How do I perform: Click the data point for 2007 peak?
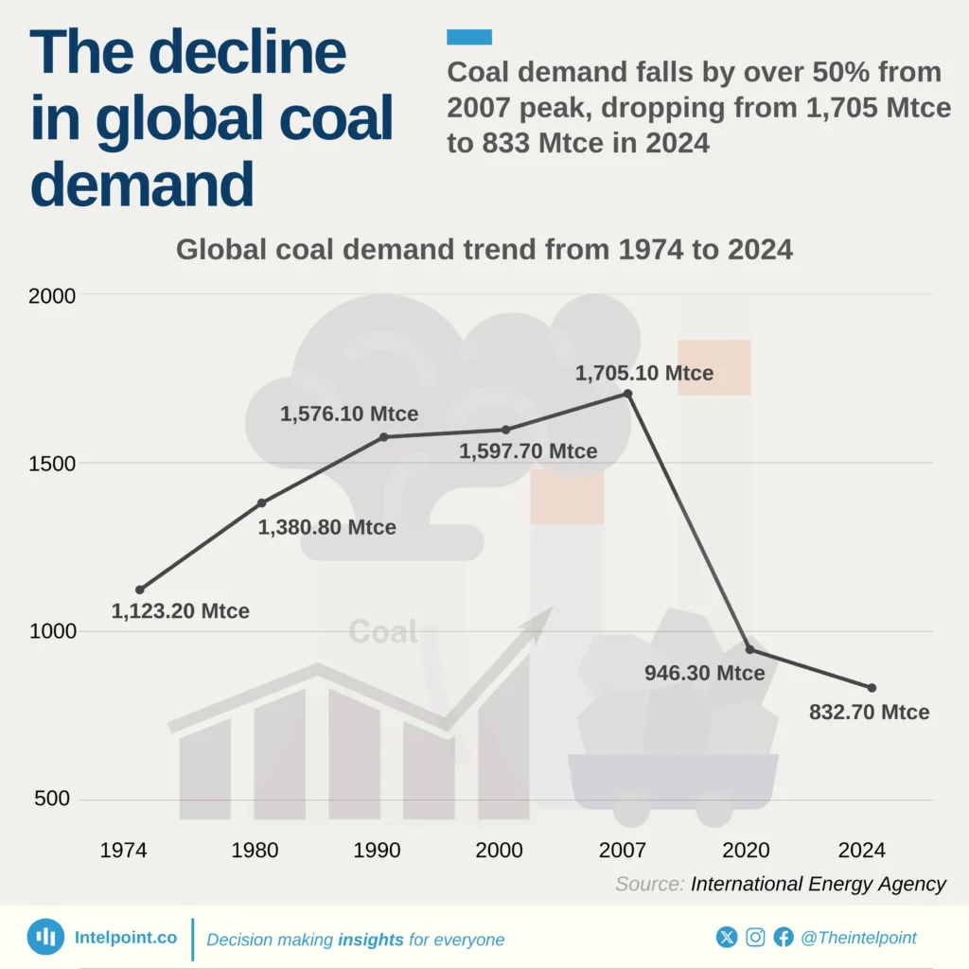628,394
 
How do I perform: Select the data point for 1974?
140,590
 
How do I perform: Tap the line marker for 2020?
750,649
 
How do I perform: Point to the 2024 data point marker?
872,688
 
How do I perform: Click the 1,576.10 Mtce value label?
349,414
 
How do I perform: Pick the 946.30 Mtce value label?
704,674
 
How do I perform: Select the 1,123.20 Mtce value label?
181,611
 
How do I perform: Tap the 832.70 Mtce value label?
869,713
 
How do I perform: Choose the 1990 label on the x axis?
378,851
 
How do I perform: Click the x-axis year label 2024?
862,851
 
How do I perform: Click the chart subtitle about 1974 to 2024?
484,250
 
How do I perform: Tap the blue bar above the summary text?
468,37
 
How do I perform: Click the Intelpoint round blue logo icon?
45,937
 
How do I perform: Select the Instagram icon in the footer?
755,938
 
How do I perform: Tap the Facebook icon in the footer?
784,938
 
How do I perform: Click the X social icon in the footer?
727,938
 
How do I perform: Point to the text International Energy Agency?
819,884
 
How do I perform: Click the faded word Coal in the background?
383,632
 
